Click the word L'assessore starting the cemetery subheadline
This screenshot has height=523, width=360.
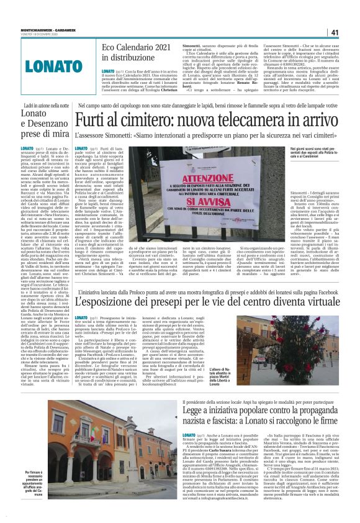pyautogui.click(x=92, y=135)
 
